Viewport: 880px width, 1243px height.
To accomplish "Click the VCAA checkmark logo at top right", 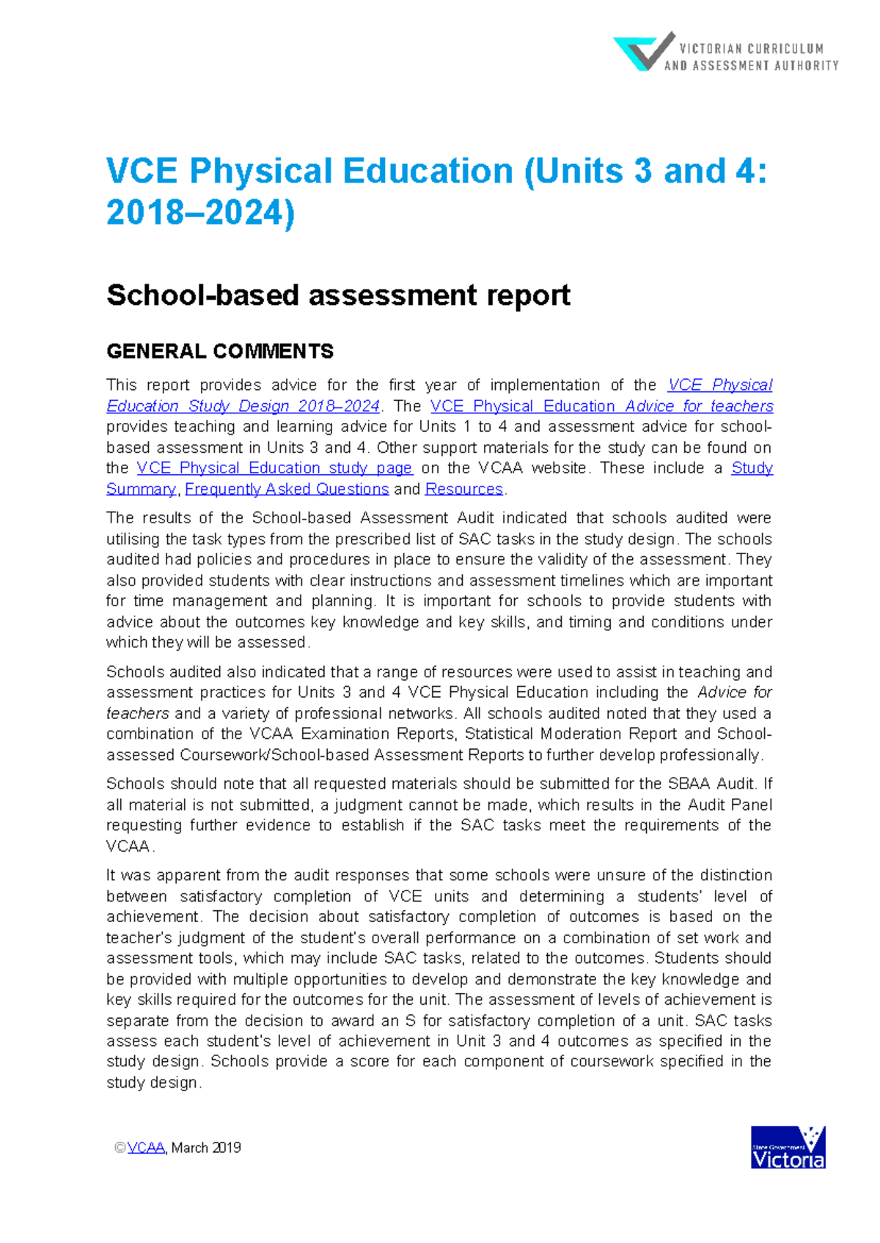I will coord(643,51).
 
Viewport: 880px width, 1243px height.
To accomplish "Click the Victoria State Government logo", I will coord(788,1148).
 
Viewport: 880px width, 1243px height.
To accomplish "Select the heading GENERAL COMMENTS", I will coord(220,352).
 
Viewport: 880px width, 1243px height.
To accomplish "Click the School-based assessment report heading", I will coord(338,295).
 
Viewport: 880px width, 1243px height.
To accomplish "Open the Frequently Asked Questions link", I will coord(287,489).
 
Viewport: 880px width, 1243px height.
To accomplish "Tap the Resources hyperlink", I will coord(464,489).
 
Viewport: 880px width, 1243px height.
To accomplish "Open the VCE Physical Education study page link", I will coord(274,468).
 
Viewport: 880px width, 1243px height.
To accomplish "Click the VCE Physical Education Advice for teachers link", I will coord(601,406).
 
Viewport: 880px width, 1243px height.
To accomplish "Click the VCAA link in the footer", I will coord(146,1148).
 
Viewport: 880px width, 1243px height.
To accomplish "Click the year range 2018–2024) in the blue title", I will coord(200,213).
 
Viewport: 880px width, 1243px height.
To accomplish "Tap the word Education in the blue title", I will coord(428,171).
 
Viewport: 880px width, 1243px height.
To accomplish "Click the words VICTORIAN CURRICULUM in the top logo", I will coord(751,49).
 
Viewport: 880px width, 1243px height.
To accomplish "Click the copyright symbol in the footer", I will coord(120,1148).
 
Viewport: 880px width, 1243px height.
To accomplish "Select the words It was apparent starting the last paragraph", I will coord(162,876).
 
